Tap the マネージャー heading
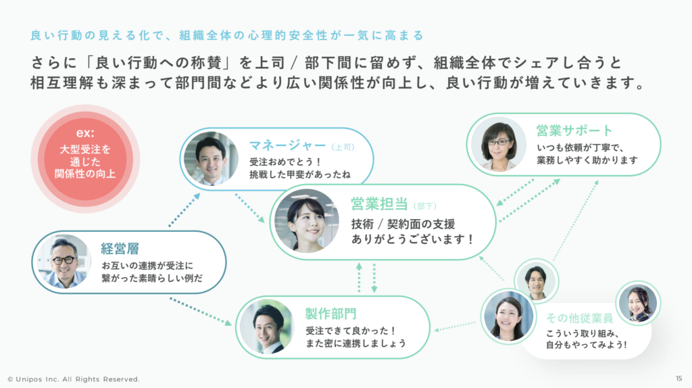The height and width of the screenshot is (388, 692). tap(289, 145)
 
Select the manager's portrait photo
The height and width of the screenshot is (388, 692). tap(210, 158)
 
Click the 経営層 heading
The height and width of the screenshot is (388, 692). tap(120, 249)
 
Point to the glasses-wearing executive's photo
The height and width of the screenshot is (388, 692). tap(62, 262)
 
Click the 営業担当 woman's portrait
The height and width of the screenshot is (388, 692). tap(306, 220)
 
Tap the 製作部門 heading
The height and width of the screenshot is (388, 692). tap(330, 314)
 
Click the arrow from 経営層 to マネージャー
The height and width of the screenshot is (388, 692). tap(183, 210)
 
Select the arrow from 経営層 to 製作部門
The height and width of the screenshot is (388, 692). tap(201, 310)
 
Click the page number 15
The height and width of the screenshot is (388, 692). tap(678, 379)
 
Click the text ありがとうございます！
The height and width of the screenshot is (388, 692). tap(412, 239)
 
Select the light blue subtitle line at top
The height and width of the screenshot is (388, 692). tap(227, 34)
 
